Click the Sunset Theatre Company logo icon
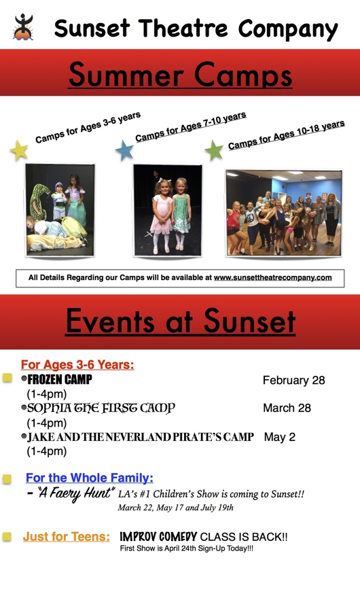click(x=24, y=27)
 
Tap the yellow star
click(x=19, y=150)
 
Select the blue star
click(x=125, y=150)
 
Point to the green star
click(x=214, y=150)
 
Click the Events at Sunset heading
click(x=181, y=321)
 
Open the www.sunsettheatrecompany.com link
click(x=272, y=278)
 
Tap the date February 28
click(x=293, y=381)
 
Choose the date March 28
click(x=287, y=408)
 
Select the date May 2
click(x=280, y=437)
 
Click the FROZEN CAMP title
click(x=60, y=379)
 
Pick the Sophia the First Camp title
click(x=101, y=408)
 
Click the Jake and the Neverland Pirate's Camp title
click(x=141, y=437)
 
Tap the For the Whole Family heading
click(x=90, y=478)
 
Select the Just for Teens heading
click(x=67, y=537)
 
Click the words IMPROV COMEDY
click(x=158, y=537)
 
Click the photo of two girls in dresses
click(x=168, y=211)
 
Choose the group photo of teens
click(x=284, y=213)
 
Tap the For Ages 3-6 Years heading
click(x=77, y=365)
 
